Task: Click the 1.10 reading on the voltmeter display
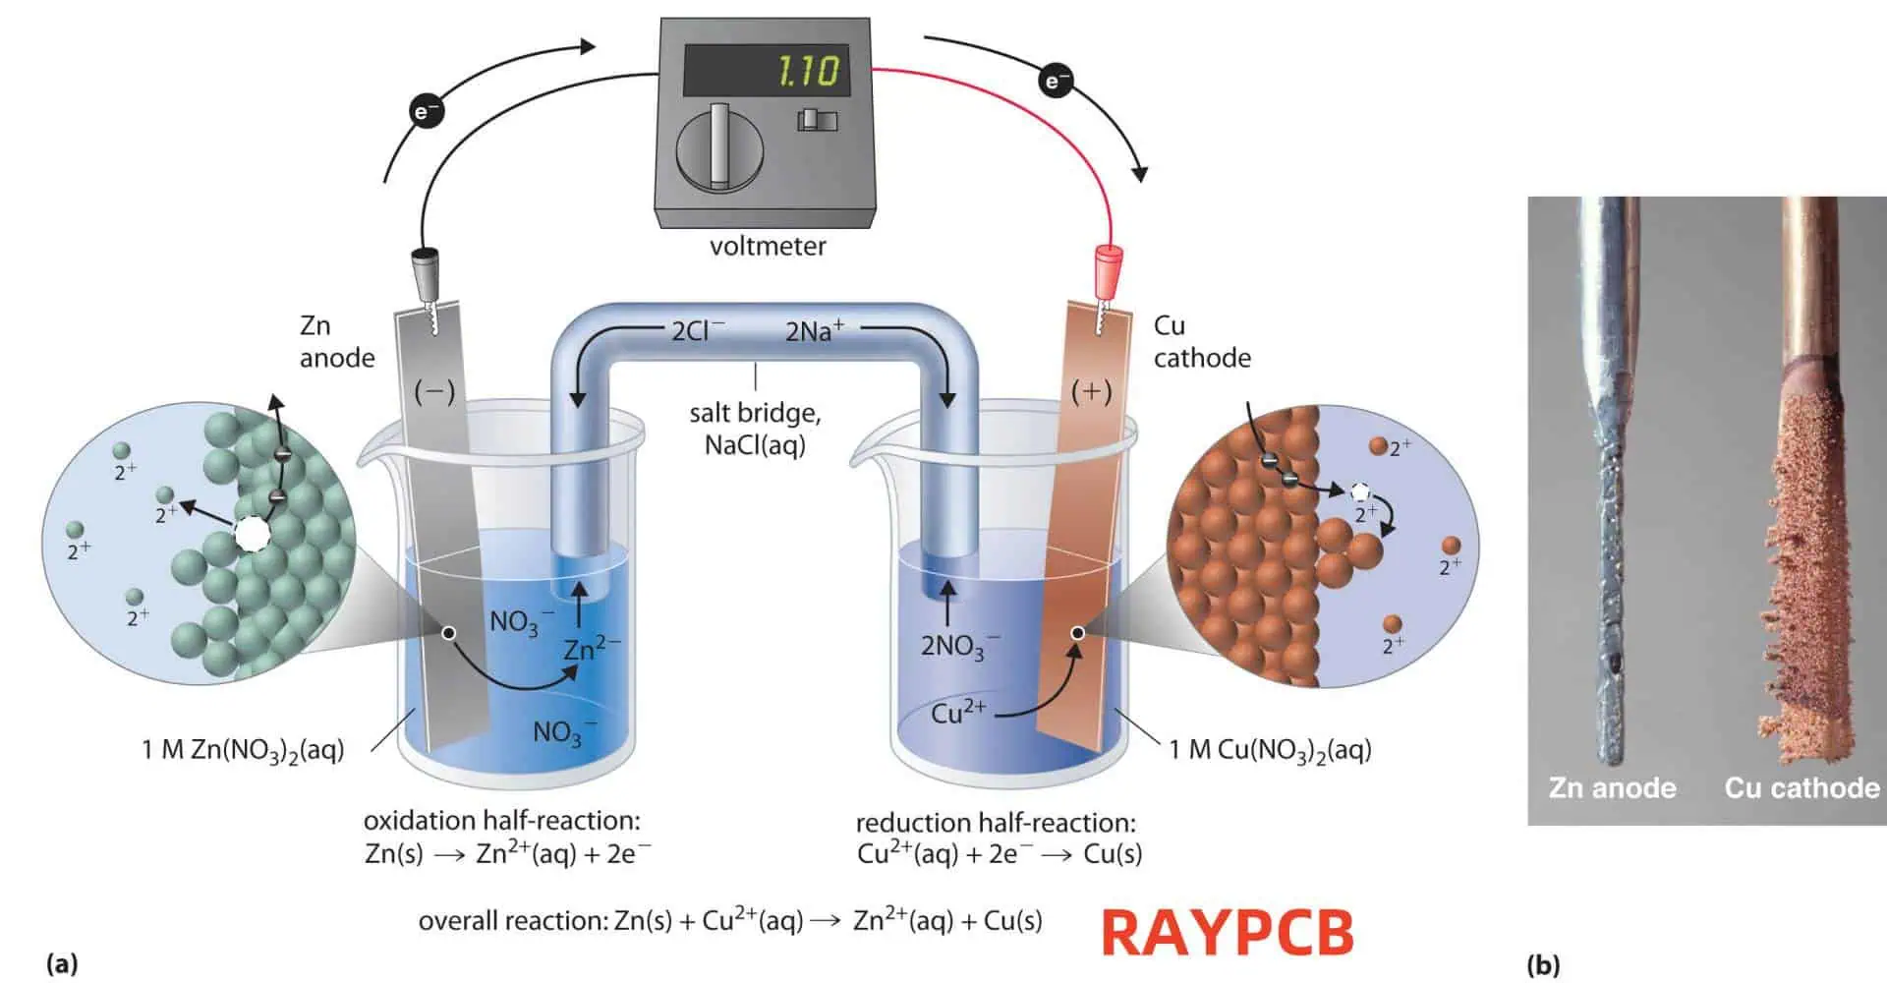pyautogui.click(x=809, y=71)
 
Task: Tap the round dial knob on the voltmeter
pyautogui.click(x=720, y=149)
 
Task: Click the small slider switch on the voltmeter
pyautogui.click(x=817, y=120)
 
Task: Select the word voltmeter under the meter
pyautogui.click(x=768, y=246)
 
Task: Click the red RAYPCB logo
pyautogui.click(x=1228, y=932)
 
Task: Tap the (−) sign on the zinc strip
pyautogui.click(x=433, y=392)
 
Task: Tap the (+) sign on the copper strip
pyautogui.click(x=1091, y=392)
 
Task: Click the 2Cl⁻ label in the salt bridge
pyautogui.click(x=698, y=330)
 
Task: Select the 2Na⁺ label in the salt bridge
pyautogui.click(x=814, y=330)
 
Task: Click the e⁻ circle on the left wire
pyautogui.click(x=427, y=112)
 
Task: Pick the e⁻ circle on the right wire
pyautogui.click(x=1057, y=80)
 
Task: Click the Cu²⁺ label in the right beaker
pyautogui.click(x=957, y=713)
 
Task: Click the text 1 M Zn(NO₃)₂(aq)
pyautogui.click(x=243, y=750)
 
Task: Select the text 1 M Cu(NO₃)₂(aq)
pyautogui.click(x=1270, y=750)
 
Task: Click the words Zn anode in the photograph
pyautogui.click(x=1612, y=788)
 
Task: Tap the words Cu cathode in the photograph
pyautogui.click(x=1801, y=788)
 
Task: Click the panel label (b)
pyautogui.click(x=1543, y=965)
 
